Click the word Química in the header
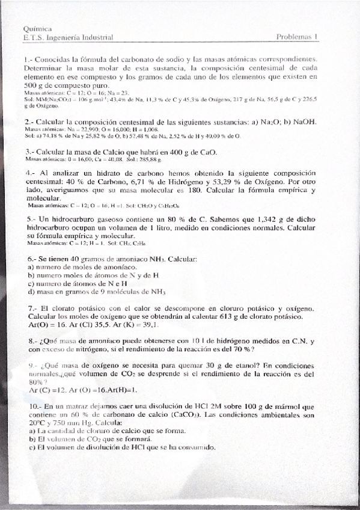37,28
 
